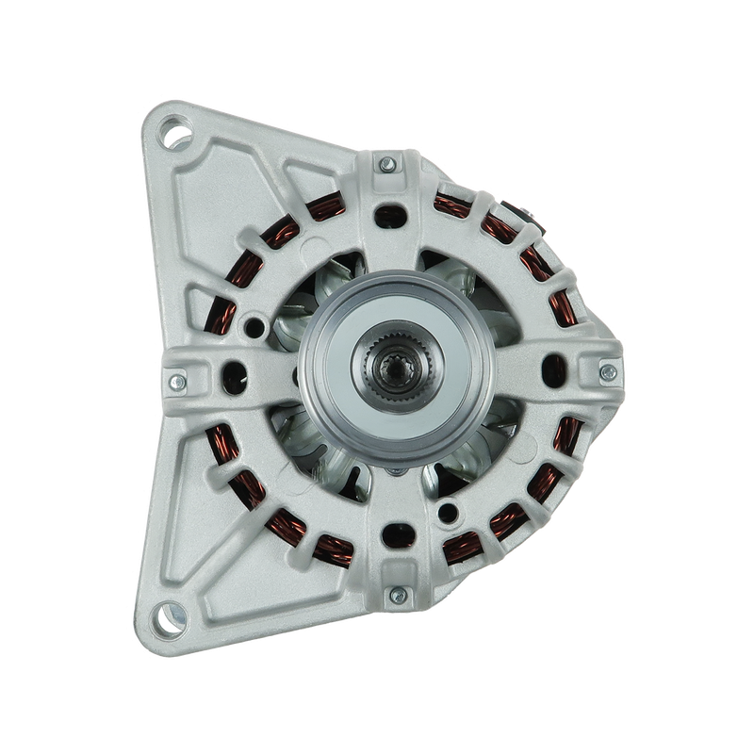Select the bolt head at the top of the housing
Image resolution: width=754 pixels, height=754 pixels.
(x=386, y=167)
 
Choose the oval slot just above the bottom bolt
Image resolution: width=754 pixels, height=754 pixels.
(x=389, y=541)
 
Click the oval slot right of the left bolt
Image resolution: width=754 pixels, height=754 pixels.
(x=228, y=382)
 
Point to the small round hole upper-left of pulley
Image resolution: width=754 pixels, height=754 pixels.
(x=253, y=329)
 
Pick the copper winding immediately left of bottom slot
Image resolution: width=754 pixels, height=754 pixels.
(x=332, y=544)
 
